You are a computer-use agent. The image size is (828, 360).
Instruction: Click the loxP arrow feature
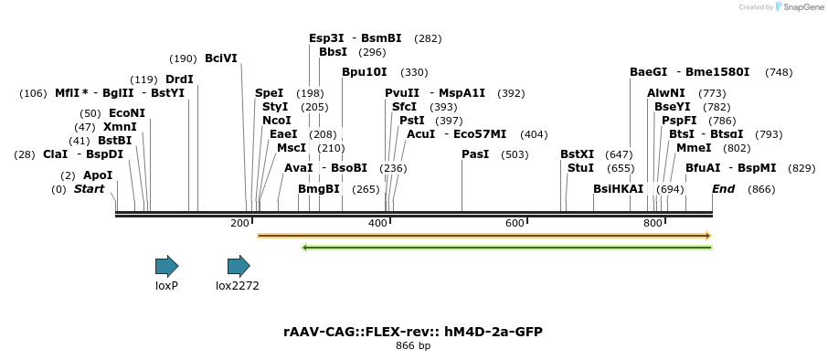click(166, 266)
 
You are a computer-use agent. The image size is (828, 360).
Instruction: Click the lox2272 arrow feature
click(239, 266)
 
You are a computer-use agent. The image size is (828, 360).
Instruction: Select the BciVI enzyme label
click(220, 58)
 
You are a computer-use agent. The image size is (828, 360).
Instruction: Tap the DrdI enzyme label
click(179, 79)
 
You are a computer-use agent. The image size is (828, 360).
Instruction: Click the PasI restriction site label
click(475, 154)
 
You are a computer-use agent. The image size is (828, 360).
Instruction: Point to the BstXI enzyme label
click(577, 154)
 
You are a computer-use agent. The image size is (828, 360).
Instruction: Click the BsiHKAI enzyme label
click(618, 189)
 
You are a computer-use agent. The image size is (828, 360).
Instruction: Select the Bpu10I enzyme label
click(364, 72)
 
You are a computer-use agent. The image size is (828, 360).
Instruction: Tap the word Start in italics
click(89, 189)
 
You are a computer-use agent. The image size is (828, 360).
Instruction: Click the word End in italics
click(723, 189)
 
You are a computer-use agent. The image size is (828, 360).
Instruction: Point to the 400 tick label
click(377, 223)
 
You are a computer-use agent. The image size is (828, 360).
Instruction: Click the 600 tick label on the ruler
click(515, 223)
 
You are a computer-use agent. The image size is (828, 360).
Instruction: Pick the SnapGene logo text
click(799, 7)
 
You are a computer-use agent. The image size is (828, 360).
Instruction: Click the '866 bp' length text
click(413, 346)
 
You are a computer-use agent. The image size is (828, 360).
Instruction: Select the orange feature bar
click(484, 236)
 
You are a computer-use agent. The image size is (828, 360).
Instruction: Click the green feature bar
click(506, 247)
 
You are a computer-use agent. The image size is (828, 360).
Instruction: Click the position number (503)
click(515, 154)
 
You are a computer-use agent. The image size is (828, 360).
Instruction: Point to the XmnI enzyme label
click(120, 127)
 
